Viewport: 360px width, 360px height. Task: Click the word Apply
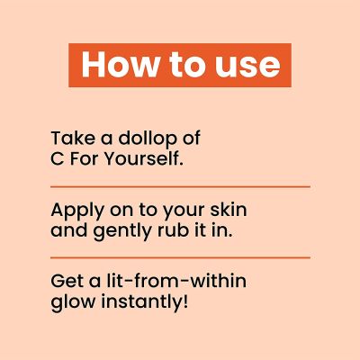point(76,211)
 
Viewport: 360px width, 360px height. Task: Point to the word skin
point(229,211)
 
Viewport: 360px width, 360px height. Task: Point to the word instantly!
point(143,301)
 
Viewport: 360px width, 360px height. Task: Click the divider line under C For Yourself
point(180,186)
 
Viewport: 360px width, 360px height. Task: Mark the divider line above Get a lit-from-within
point(180,257)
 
